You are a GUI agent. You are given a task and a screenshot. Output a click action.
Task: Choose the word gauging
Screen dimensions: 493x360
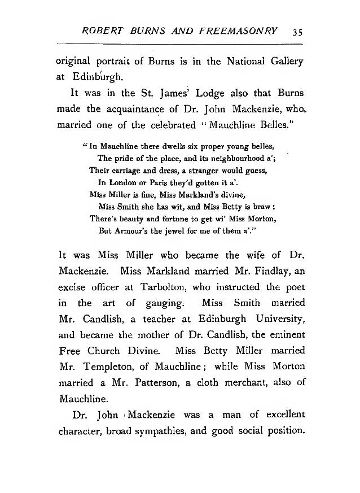click(172, 303)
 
